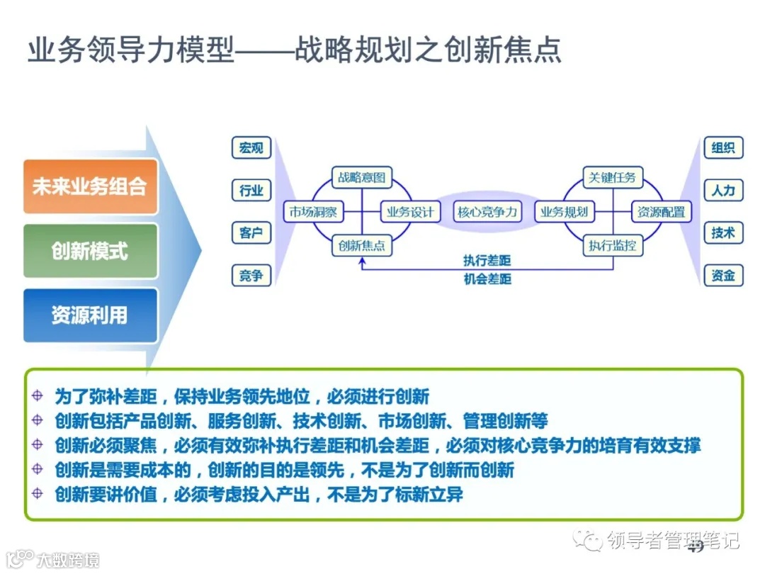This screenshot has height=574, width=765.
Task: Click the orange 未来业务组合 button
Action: click(90, 186)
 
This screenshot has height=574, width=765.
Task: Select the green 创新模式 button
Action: click(90, 251)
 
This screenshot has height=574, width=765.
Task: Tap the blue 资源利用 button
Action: click(90, 315)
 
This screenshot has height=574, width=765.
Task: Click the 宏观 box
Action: click(251, 147)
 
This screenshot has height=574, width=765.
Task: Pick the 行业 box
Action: click(251, 191)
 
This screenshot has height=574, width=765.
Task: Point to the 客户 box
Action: click(251, 232)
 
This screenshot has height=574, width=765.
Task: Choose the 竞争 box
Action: click(251, 276)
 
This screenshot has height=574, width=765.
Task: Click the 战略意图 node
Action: click(361, 177)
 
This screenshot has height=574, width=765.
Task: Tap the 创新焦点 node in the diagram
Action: click(361, 246)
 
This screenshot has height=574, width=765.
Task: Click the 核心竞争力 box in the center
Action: click(487, 212)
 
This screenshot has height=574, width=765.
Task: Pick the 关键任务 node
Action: click(612, 177)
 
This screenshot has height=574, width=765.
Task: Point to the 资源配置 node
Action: click(661, 212)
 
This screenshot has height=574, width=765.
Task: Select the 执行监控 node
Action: click(612, 246)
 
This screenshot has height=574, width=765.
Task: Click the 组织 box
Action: click(723, 147)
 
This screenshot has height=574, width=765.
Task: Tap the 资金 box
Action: click(723, 276)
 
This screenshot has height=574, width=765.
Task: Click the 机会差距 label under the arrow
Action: click(487, 279)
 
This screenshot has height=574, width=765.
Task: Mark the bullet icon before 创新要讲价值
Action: click(38, 494)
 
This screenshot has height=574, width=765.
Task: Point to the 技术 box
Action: click(723, 232)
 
